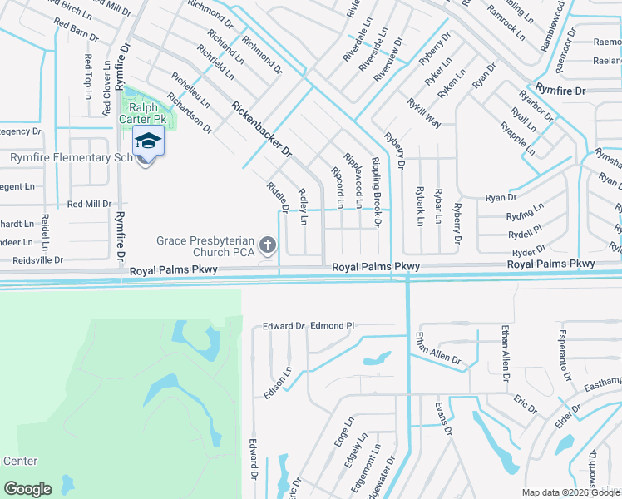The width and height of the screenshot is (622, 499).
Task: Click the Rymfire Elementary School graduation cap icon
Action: coord(147,141)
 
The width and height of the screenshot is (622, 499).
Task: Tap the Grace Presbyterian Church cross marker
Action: coord(267,245)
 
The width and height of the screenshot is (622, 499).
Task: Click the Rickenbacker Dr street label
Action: coord(262,130)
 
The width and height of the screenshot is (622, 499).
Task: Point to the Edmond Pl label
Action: coord(332,326)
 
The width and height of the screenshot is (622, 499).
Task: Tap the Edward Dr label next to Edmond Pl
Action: coord(284,326)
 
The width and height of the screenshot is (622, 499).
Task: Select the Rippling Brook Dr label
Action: coord(375,192)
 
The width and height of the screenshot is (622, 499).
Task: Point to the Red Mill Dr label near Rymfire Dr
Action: coord(89,204)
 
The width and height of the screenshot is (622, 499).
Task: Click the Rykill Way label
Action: coord(423,111)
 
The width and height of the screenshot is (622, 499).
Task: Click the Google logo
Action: coord(27,489)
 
